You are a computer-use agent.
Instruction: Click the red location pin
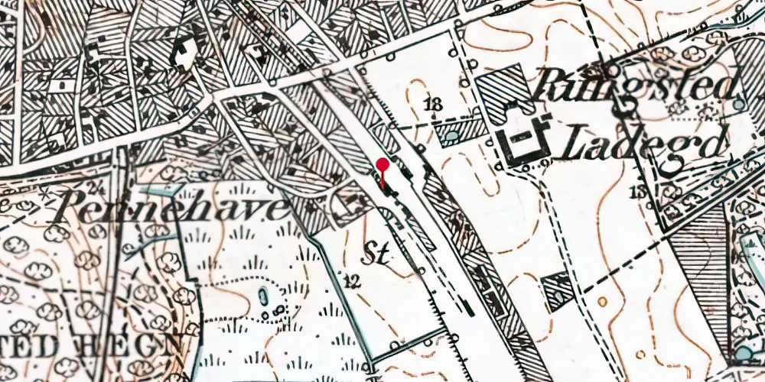coord(383,164)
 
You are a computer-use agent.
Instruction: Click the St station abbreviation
coord(375,254)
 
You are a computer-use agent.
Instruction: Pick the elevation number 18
coord(435,105)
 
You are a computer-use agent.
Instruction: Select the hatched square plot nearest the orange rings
coord(557,290)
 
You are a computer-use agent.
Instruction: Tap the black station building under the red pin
coord(389,187)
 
